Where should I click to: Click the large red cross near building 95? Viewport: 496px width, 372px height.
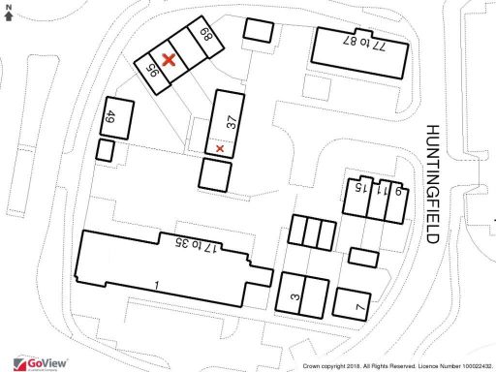pos(170,60)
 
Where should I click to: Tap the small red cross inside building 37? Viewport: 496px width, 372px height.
pos(221,148)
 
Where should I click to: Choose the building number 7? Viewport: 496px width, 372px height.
pos(358,308)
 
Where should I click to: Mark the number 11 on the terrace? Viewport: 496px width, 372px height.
pos(385,192)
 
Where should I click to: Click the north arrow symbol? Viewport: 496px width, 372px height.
pos(9,12)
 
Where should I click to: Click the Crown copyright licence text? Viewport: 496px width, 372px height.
pos(397,366)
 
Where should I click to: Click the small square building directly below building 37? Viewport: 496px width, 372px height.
pos(215,175)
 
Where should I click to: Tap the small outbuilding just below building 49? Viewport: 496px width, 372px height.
pos(106,151)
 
